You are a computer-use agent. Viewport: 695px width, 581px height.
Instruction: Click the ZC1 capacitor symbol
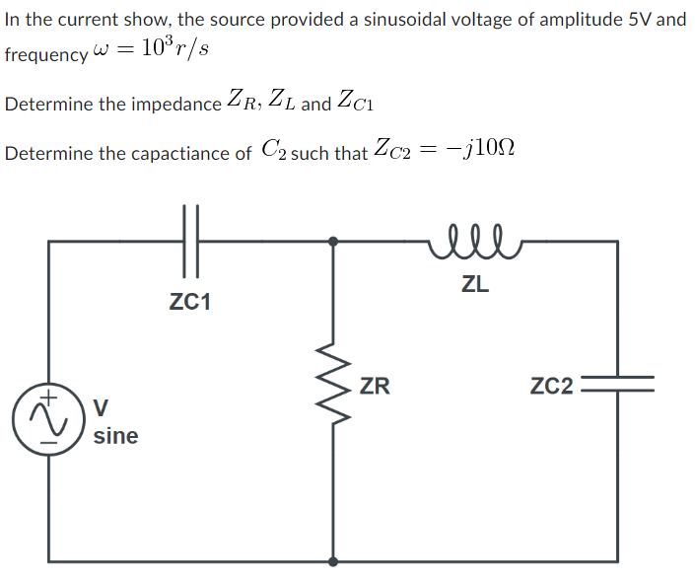(x=191, y=240)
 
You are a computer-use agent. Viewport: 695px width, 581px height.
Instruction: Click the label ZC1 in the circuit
(x=190, y=303)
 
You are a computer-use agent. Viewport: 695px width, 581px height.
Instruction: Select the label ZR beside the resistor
(x=375, y=386)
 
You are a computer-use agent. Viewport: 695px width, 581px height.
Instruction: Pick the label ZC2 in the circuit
(x=552, y=386)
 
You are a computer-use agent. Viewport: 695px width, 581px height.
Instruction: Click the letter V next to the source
(x=101, y=406)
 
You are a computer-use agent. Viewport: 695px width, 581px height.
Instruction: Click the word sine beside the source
(x=115, y=436)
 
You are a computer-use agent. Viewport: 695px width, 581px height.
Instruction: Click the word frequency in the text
(x=45, y=55)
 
